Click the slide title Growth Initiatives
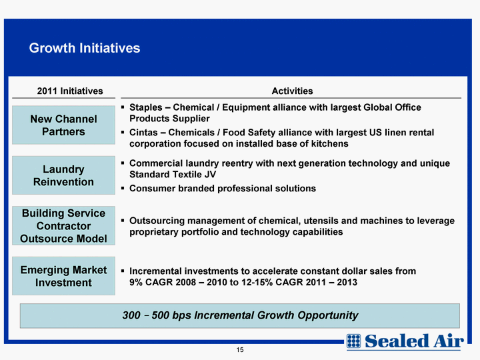(x=85, y=48)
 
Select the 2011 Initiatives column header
(x=70, y=91)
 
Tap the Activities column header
(x=293, y=91)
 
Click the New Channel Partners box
(x=64, y=125)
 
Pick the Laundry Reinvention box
(x=64, y=175)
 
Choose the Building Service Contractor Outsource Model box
(x=64, y=225)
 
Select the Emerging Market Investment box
(x=64, y=276)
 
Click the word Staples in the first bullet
(x=146, y=107)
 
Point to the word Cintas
(x=143, y=133)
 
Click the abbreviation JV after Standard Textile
(x=210, y=175)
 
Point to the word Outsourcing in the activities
(x=157, y=221)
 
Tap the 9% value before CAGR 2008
(x=136, y=282)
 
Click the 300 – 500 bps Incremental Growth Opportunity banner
(x=240, y=315)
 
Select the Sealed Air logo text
(x=414, y=341)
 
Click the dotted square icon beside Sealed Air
(x=353, y=341)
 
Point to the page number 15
(x=240, y=350)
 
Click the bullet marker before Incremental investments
(x=123, y=271)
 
